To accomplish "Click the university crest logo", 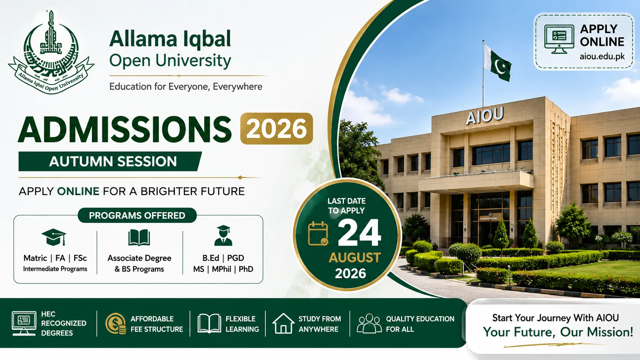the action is pos(51,52).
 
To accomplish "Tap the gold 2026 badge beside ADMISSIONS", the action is pos(277,129).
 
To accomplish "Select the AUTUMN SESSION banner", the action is pos(110,161).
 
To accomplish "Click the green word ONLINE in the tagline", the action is pos(78,191).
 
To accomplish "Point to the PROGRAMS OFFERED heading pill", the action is pos(137,215).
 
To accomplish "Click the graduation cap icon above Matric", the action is pos(54,237).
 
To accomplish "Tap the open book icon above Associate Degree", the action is pos(139,238).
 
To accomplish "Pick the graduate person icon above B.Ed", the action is pos(223,236).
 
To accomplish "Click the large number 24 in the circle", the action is pos(359,233).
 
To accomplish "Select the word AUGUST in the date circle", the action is pos(354,257).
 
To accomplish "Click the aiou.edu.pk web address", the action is pos(602,57).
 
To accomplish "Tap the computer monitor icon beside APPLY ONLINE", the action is pos(559,39).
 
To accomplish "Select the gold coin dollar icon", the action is pos(116,324).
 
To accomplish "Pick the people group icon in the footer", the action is pos(369,323).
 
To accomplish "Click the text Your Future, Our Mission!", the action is pos(558,332).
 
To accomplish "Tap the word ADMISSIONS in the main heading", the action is pos(125,129).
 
